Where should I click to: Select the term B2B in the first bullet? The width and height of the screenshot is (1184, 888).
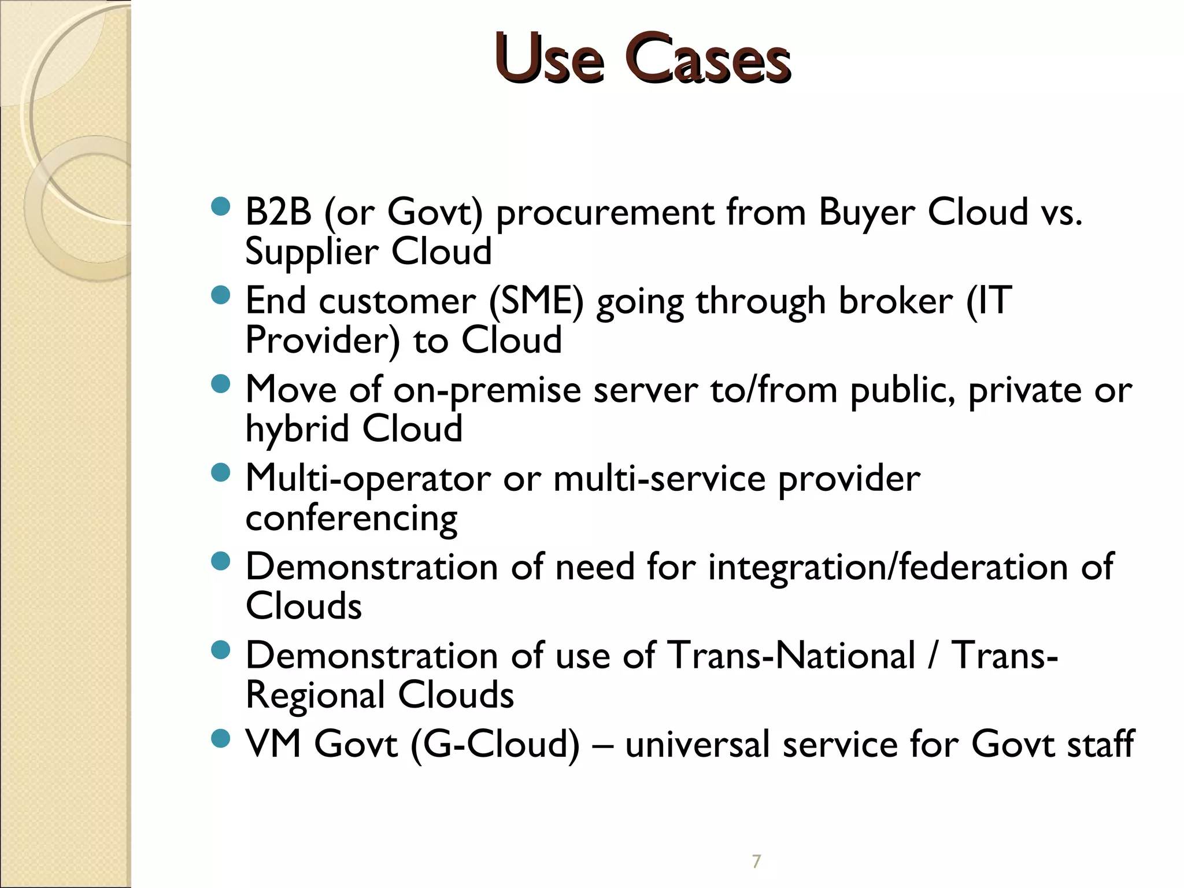tap(279, 212)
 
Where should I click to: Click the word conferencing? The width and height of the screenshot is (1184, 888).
tap(351, 519)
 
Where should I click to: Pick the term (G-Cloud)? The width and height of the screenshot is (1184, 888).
tap(495, 744)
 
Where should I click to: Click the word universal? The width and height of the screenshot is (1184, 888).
tap(697, 744)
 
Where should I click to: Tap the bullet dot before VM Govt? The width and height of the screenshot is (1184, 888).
tap(221, 738)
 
